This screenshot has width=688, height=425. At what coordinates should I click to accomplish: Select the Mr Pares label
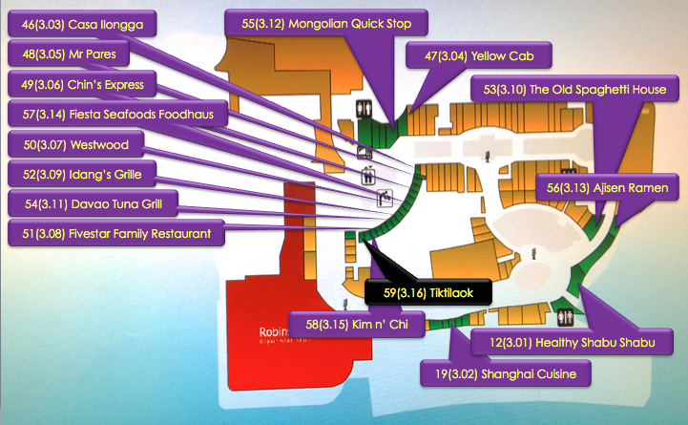(x=68, y=54)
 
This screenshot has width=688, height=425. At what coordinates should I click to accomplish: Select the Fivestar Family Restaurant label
(x=115, y=233)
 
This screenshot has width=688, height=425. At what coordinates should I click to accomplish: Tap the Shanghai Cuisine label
(x=506, y=372)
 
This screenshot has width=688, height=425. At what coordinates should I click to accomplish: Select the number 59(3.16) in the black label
(x=397, y=292)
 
